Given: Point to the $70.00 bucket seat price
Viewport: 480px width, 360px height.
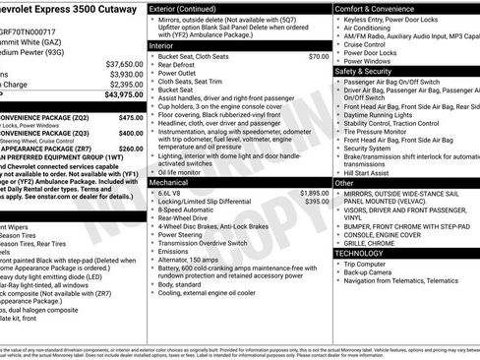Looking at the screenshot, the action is (318, 57).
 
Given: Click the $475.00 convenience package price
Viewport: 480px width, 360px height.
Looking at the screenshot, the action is (130, 116).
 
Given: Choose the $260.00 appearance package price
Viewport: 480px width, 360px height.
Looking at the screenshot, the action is (130, 149).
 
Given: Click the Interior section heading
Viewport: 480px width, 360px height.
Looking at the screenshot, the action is (161, 45).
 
